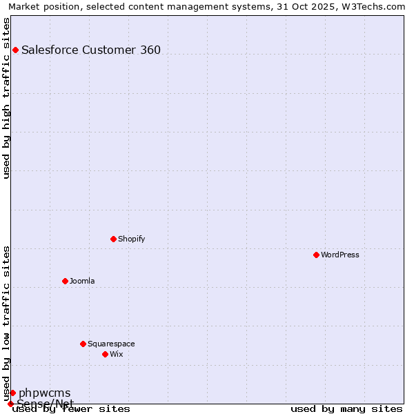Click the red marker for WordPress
click(x=316, y=255)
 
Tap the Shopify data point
click(x=113, y=239)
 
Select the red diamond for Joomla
click(x=65, y=281)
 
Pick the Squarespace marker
click(x=83, y=344)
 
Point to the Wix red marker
click(x=105, y=354)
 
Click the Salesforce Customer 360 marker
click(x=15, y=50)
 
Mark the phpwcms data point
click(x=12, y=393)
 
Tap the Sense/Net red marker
click(x=10, y=404)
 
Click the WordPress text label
click(x=340, y=255)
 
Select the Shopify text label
click(x=131, y=239)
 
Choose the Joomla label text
click(x=82, y=281)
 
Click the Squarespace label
click(x=111, y=344)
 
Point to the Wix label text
click(x=116, y=354)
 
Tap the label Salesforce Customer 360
click(x=91, y=50)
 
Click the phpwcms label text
click(x=44, y=393)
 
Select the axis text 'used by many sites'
click(x=346, y=409)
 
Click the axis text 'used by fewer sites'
click(x=71, y=409)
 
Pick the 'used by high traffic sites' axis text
click(x=7, y=98)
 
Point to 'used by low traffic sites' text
click(x=7, y=323)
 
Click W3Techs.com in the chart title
click(x=373, y=6)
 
